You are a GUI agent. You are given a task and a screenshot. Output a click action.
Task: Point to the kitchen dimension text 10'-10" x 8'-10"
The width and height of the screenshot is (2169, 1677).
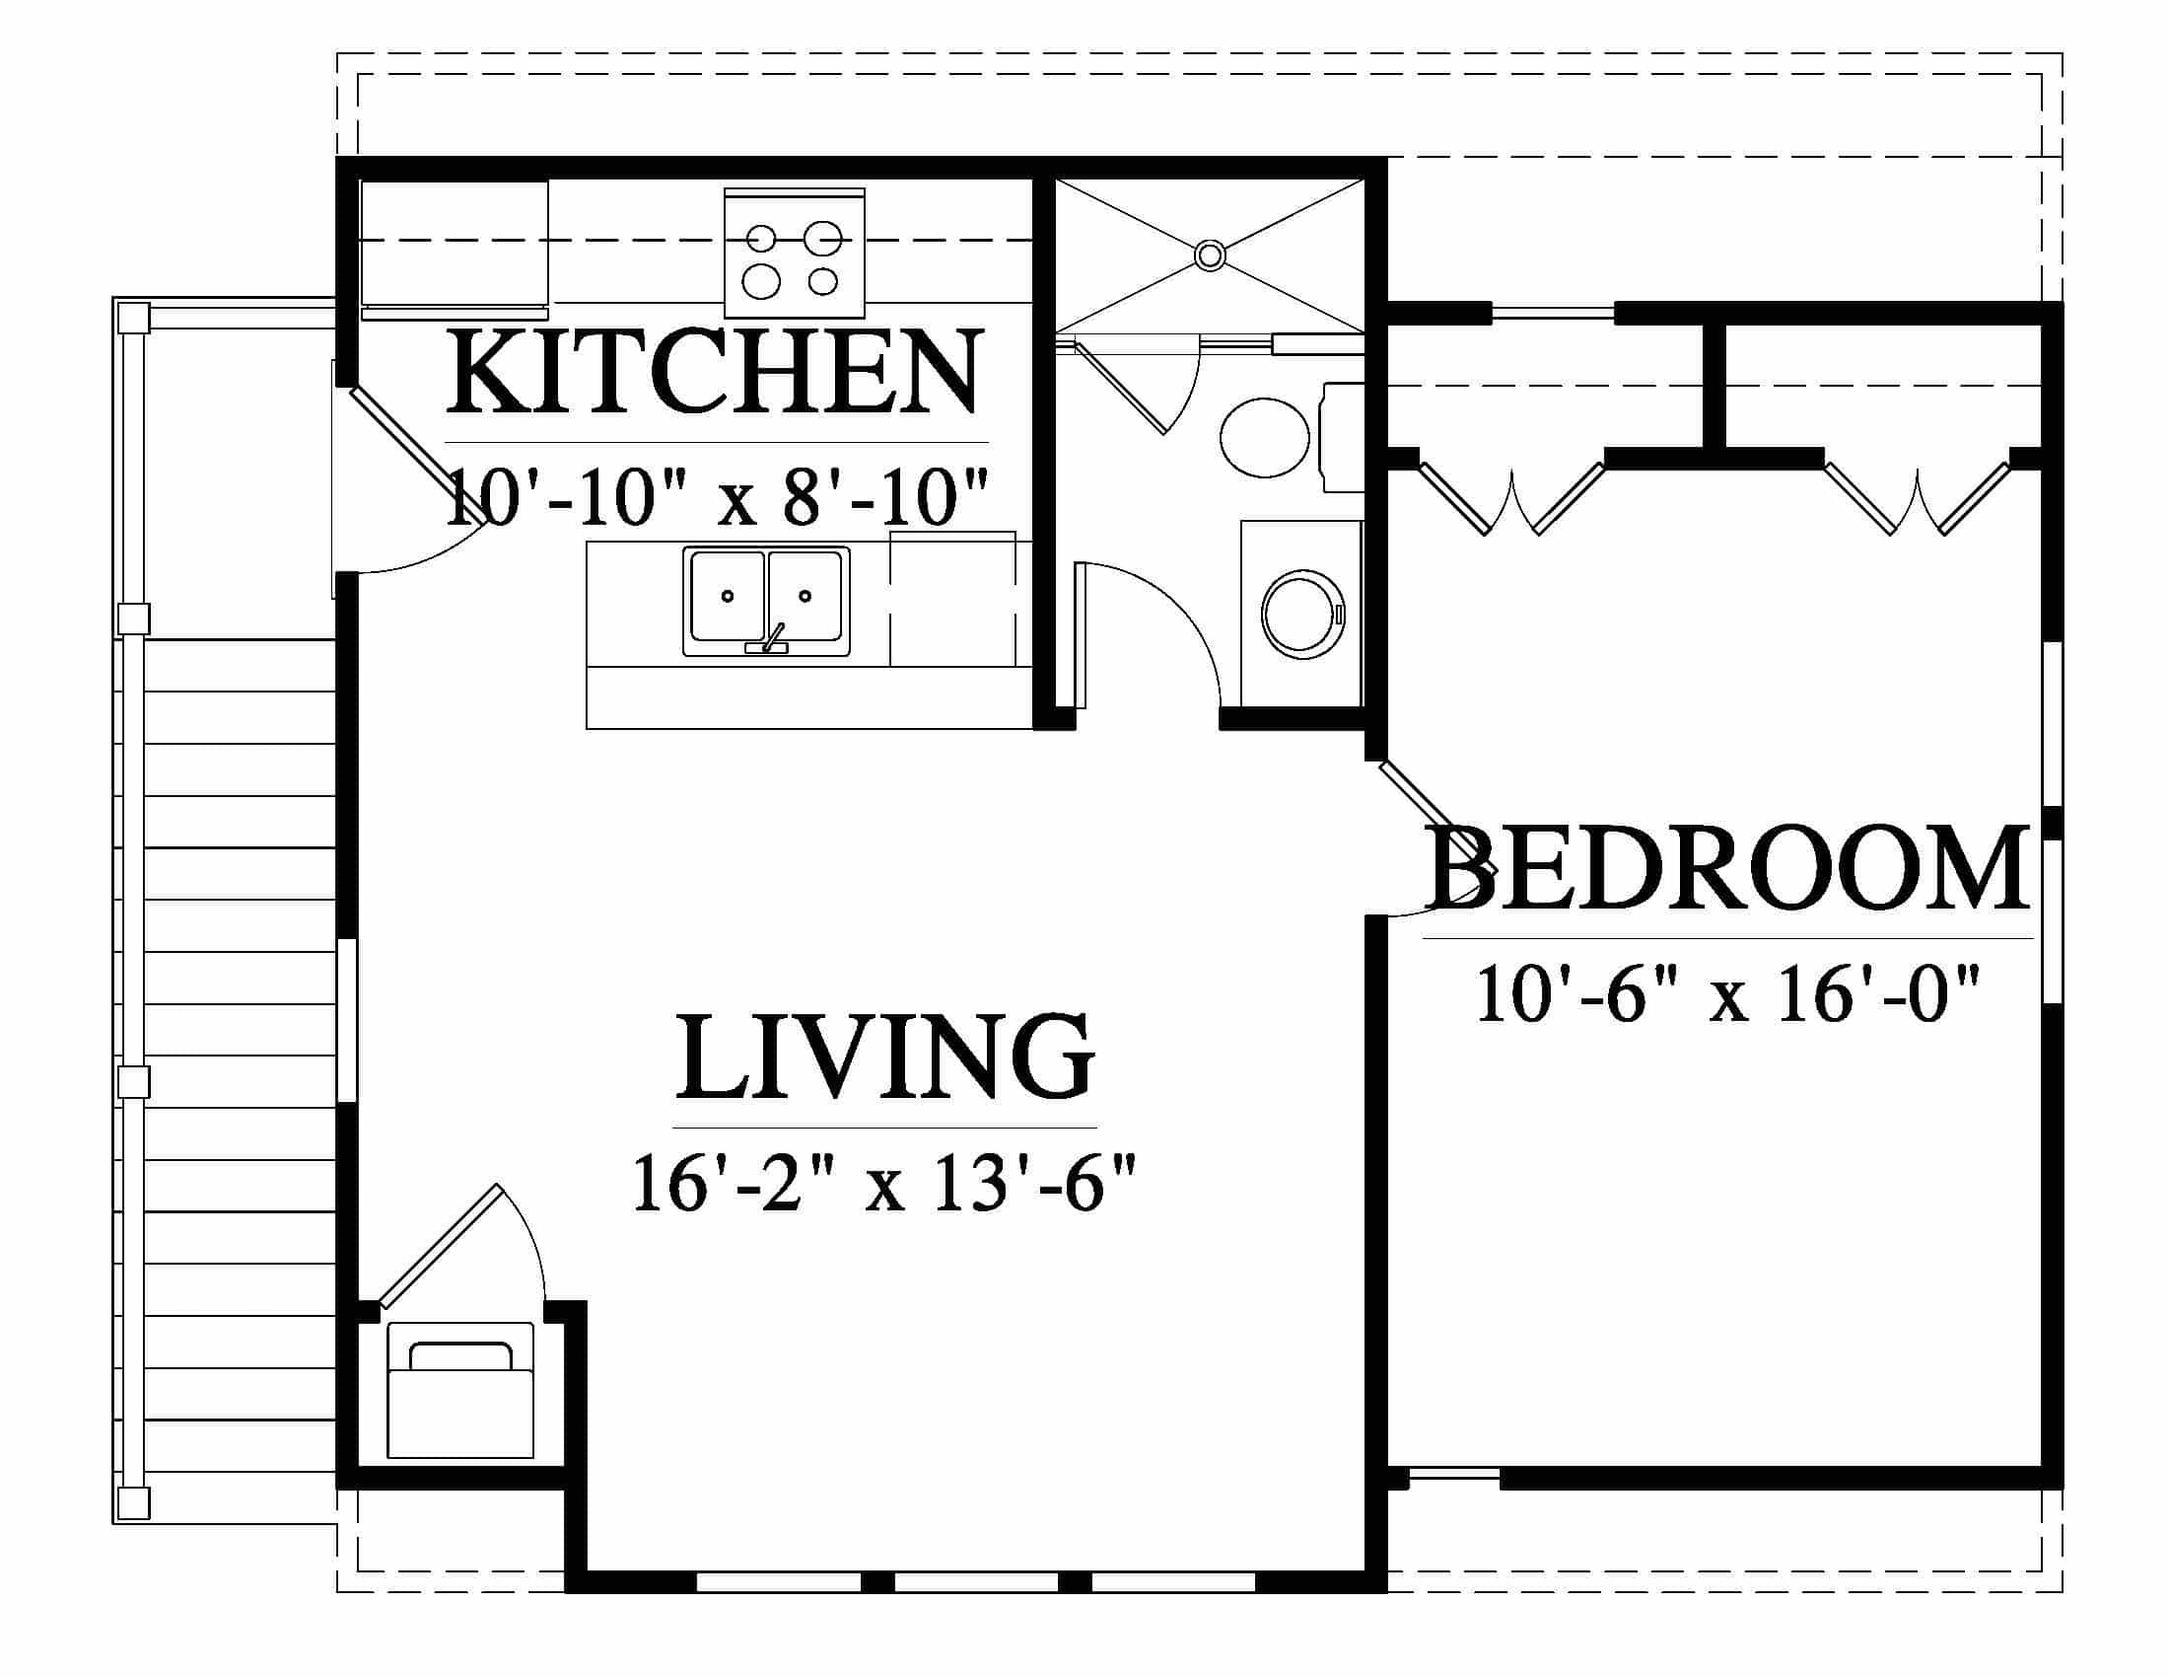pyautogui.click(x=717, y=499)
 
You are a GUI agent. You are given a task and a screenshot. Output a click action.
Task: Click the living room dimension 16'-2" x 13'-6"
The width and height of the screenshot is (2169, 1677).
pyautogui.click(x=884, y=1183)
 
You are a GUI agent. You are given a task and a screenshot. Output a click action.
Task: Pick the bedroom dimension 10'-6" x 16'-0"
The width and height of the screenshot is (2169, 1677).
pyautogui.click(x=1728, y=994)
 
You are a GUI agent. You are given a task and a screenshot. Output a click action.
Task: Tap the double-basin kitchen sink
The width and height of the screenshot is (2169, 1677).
pyautogui.click(x=766, y=601)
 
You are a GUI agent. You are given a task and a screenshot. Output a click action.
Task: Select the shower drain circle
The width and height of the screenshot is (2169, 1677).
pyautogui.click(x=1210, y=255)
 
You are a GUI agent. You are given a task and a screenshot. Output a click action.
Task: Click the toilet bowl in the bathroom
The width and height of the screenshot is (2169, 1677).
pyautogui.click(x=1263, y=437)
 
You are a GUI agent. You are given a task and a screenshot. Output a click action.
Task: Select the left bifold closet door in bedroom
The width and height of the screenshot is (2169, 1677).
pyautogui.click(x=1512, y=498)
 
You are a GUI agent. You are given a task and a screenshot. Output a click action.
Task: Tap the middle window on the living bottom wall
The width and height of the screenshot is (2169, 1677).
pyautogui.click(x=976, y=1580)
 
